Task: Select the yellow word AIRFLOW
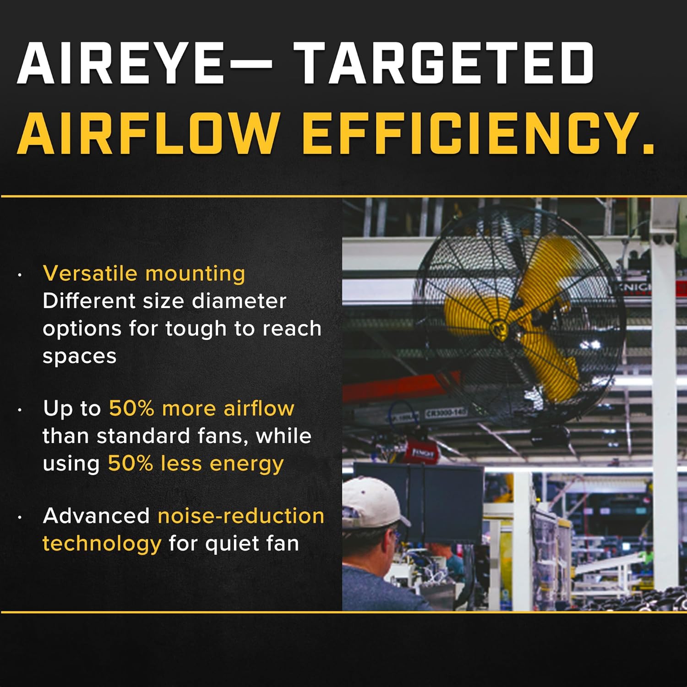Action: click(148, 133)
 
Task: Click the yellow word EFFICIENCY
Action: click(478, 133)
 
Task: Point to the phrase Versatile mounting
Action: click(144, 273)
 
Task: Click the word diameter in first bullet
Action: click(239, 301)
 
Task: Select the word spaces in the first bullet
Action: click(79, 357)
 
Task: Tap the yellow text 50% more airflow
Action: click(202, 408)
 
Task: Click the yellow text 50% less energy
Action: click(196, 464)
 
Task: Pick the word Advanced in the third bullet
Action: click(96, 516)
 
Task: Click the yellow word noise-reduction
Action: click(241, 516)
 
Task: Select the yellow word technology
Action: click(102, 544)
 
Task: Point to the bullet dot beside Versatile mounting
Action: click(20, 275)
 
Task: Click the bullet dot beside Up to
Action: click(20, 410)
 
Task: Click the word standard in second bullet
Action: click(139, 436)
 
